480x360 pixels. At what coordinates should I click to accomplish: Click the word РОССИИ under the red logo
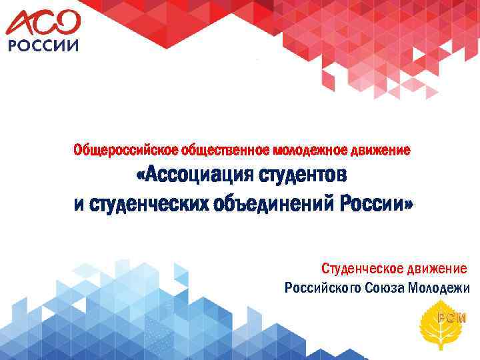(42, 46)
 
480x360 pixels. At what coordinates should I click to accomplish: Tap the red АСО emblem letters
(43, 23)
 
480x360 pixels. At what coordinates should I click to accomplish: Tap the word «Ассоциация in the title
(190, 177)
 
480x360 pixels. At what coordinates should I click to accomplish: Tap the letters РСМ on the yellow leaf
(447, 316)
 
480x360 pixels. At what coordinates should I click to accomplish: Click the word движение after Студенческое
(435, 269)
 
